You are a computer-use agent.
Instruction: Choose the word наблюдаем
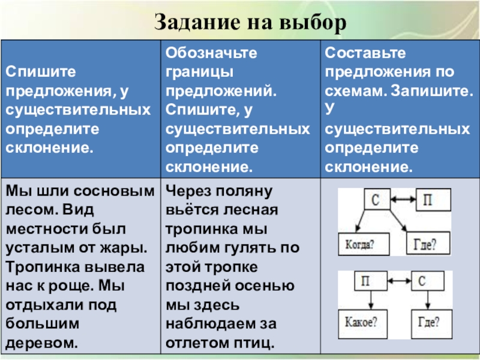pos(208,324)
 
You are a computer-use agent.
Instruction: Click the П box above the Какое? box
pos(368,280)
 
